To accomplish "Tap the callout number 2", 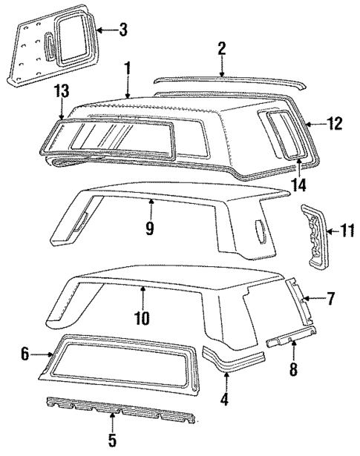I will pyautogui.click(x=221, y=48).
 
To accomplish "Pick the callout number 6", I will pyautogui.click(x=24, y=355).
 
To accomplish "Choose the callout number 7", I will pyautogui.click(x=331, y=300).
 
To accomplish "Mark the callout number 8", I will pyautogui.click(x=293, y=369).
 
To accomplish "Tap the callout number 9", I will pyautogui.click(x=149, y=227).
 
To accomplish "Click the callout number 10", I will pyautogui.click(x=142, y=319).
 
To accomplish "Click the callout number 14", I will pyautogui.click(x=300, y=185).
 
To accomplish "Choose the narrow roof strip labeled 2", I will pyautogui.click(x=223, y=79).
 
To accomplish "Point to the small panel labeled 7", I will pyautogui.click(x=301, y=300).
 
